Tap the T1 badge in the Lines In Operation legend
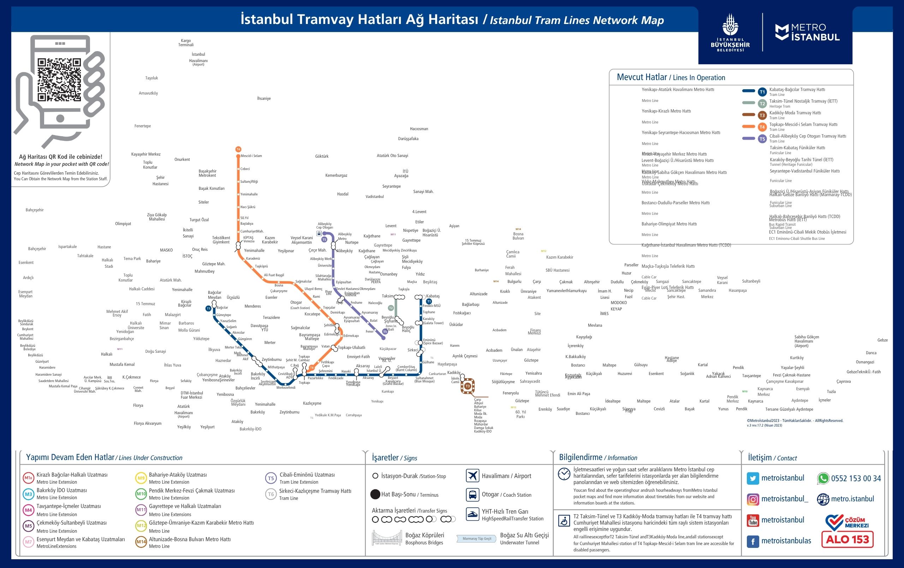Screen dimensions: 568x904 click(x=762, y=92)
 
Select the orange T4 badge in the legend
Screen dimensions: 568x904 click(x=762, y=127)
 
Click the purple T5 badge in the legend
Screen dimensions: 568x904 click(x=762, y=139)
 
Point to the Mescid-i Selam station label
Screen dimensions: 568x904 click(x=251, y=156)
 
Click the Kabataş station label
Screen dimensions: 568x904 click(x=433, y=296)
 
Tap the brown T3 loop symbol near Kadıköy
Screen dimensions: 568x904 click(x=468, y=386)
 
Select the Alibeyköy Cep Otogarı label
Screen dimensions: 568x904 click(x=325, y=225)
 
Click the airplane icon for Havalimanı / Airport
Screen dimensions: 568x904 click(x=472, y=476)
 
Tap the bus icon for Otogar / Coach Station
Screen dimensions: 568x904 click(x=472, y=495)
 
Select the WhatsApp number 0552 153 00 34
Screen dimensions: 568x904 click(x=856, y=478)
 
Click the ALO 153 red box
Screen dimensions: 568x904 click(x=848, y=539)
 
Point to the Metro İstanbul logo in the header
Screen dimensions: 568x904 click(x=808, y=32)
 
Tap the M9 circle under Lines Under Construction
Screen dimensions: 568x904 click(x=141, y=478)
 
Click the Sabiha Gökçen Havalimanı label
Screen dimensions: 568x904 click(x=807, y=341)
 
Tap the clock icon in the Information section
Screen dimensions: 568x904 click(x=564, y=474)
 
